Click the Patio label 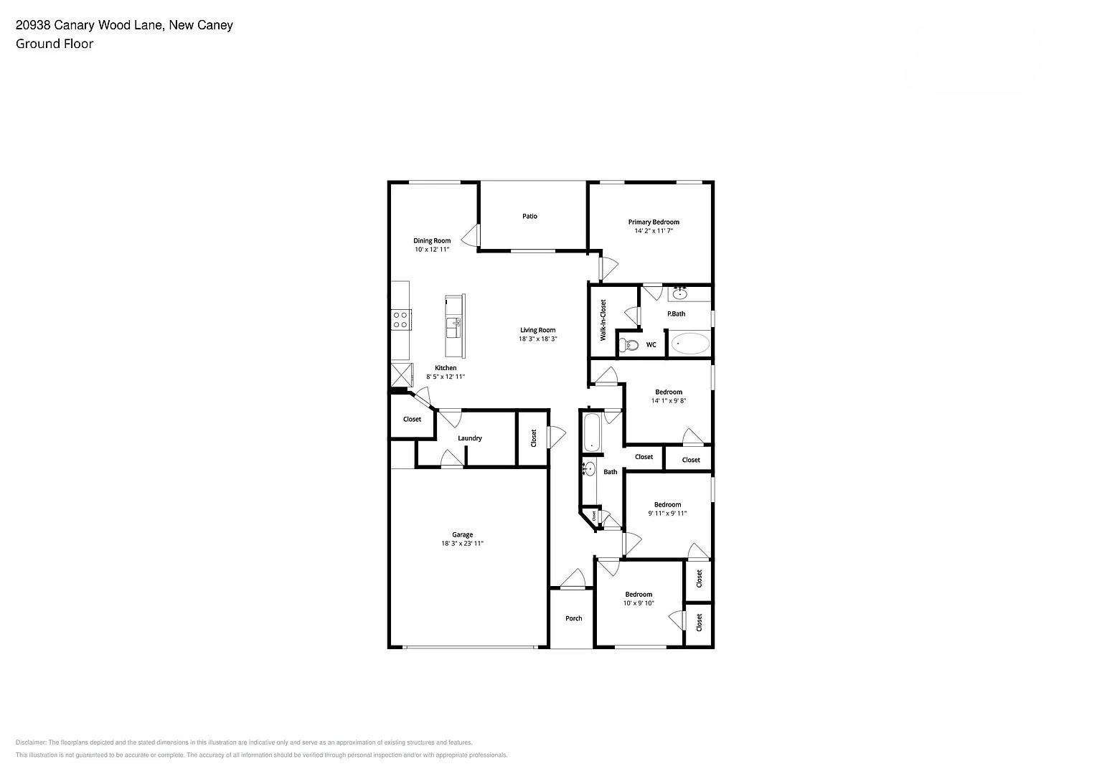point(529,216)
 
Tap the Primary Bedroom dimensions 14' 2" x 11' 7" point(653,231)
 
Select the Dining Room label point(431,240)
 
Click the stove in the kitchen point(400,319)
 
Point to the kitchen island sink point(453,329)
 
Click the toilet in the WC point(630,345)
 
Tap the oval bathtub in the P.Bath point(690,344)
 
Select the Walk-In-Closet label point(603,320)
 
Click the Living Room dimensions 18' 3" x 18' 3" point(537,339)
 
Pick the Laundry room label point(469,438)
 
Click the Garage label point(462,534)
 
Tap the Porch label point(573,618)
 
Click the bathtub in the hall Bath point(592,433)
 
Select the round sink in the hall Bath point(589,469)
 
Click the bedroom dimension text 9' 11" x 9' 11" point(667,513)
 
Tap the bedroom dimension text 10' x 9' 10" point(638,603)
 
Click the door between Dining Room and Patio point(472,235)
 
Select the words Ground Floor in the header point(55,44)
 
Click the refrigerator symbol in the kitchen point(400,375)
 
